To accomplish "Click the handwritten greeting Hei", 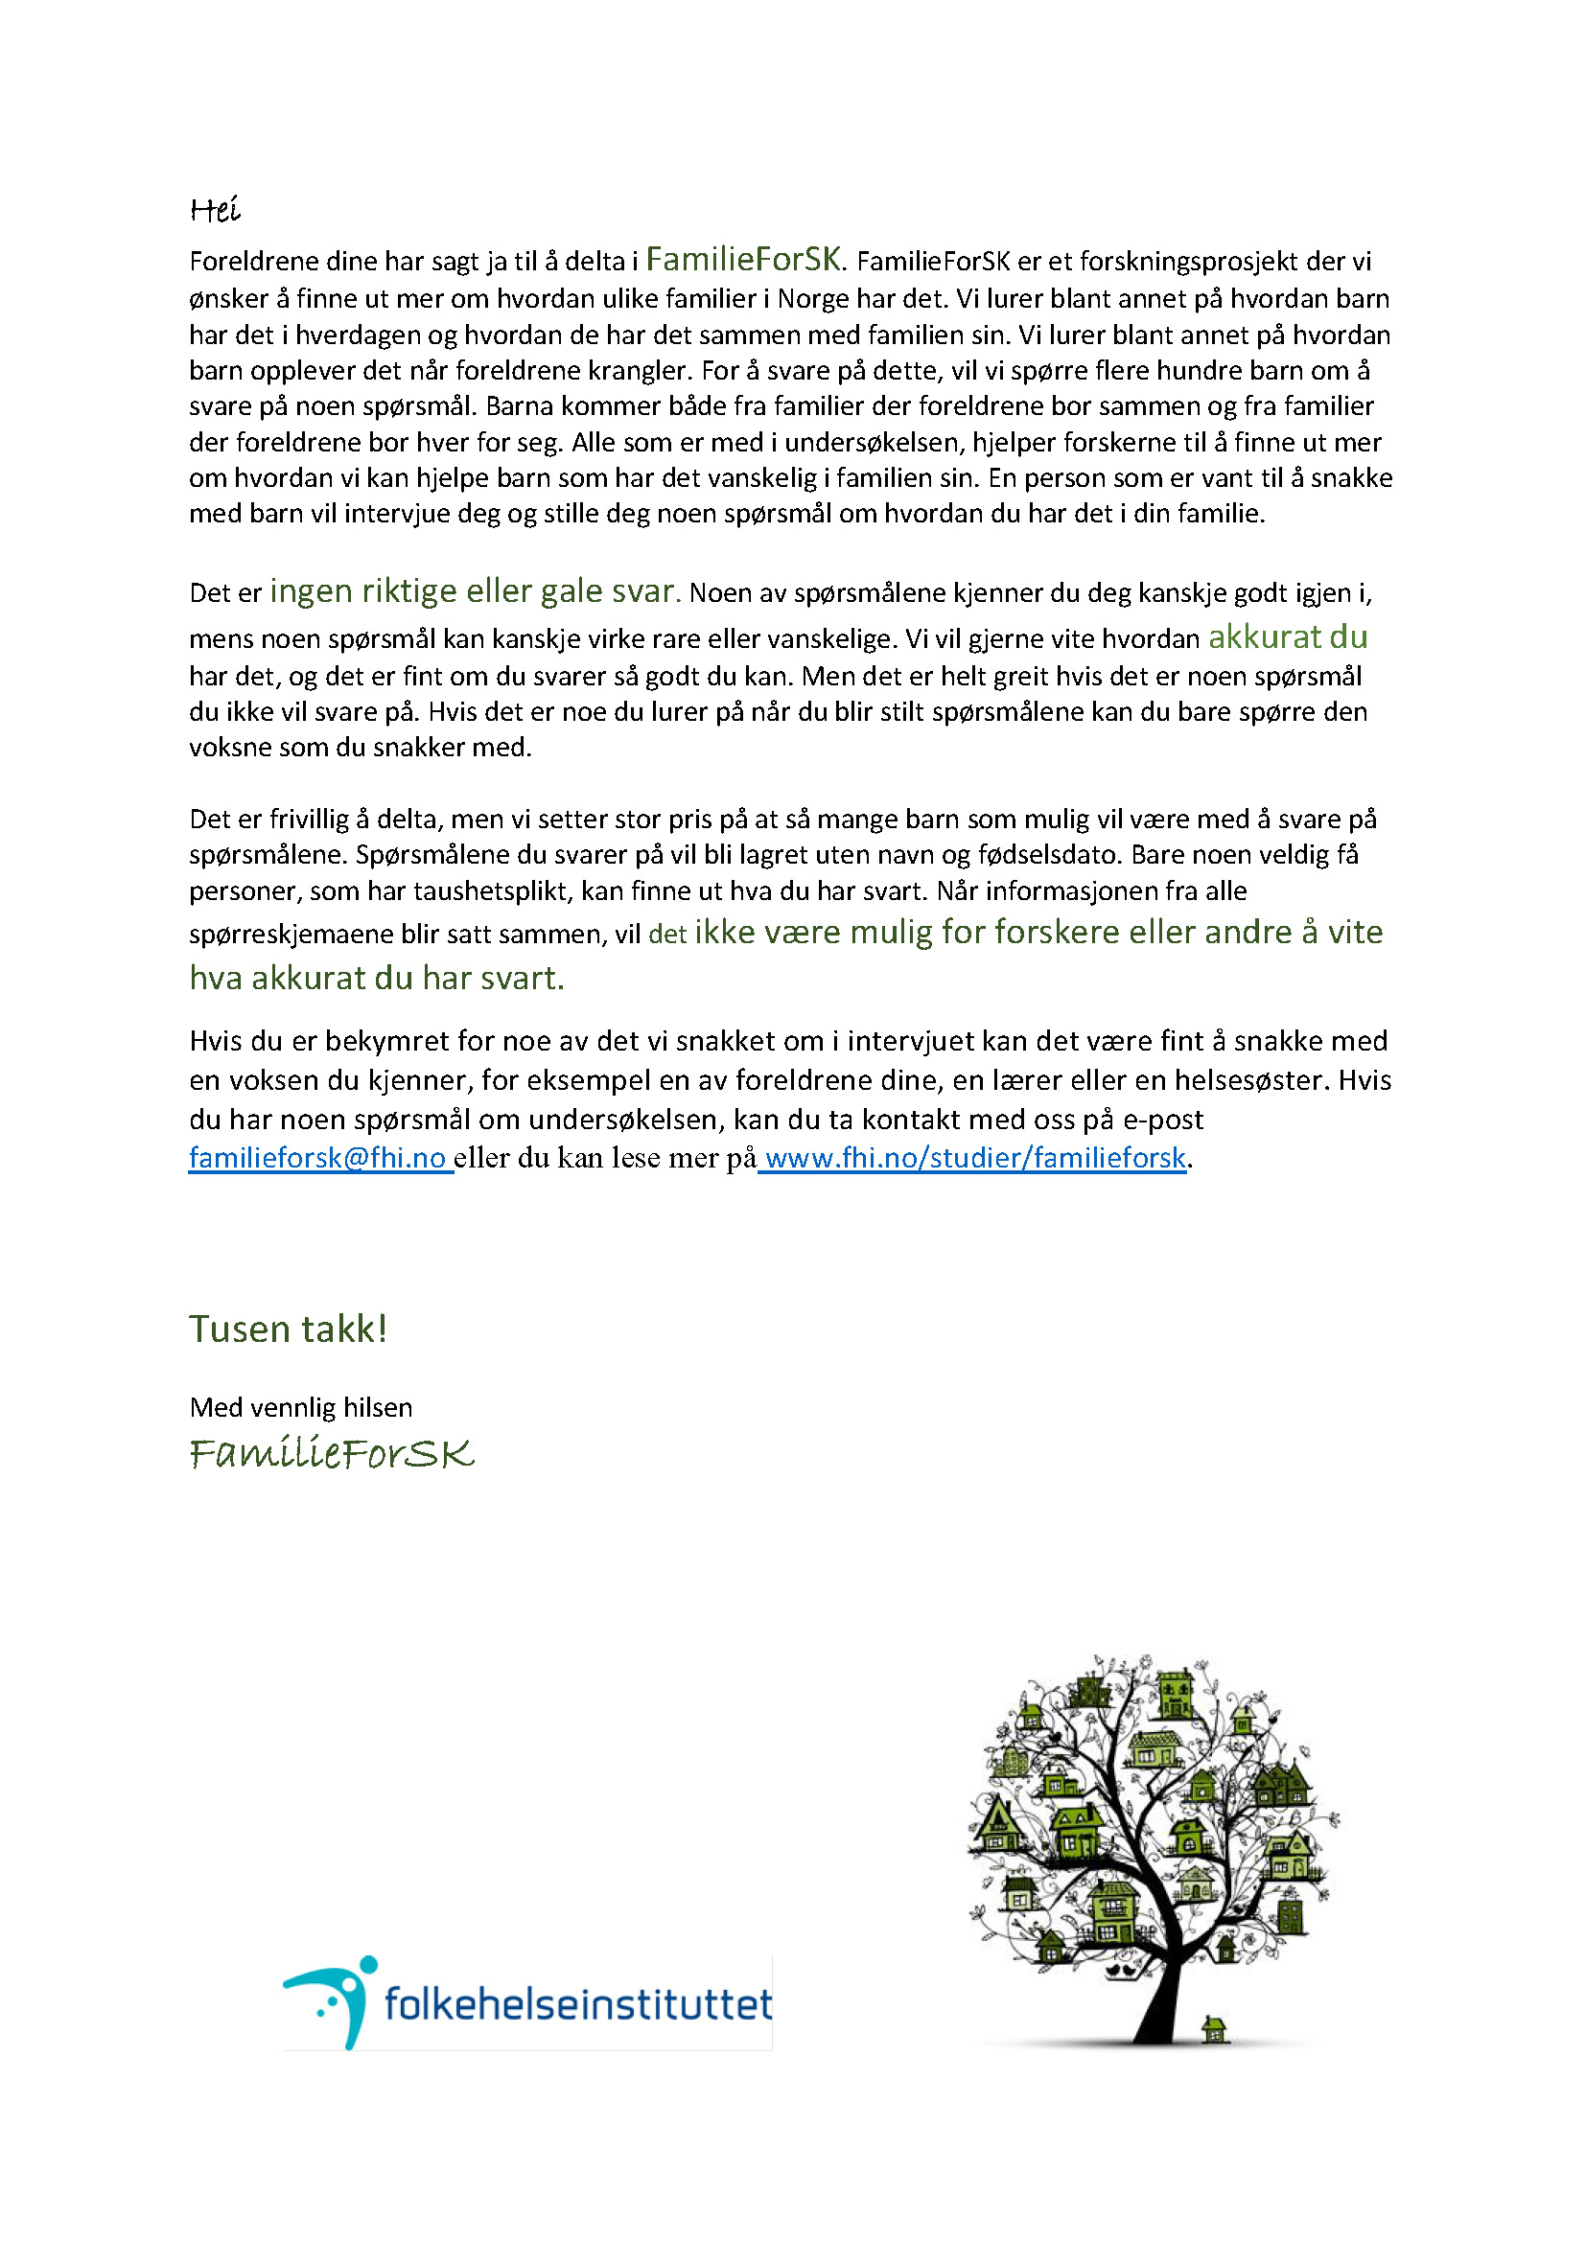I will (214, 210).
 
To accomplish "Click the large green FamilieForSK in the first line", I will (742, 259).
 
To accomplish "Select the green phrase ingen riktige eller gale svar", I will (475, 590).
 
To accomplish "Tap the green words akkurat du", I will (1287, 636).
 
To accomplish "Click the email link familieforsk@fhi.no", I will (318, 1158).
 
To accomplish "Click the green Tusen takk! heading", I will (288, 1329).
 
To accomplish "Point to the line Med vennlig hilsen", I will (301, 1407).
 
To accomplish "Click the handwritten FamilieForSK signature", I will (331, 1454).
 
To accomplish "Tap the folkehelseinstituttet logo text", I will (578, 2003).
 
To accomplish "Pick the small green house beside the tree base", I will (1214, 2029).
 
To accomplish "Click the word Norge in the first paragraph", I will (813, 299).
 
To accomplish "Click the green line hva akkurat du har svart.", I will (377, 978).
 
